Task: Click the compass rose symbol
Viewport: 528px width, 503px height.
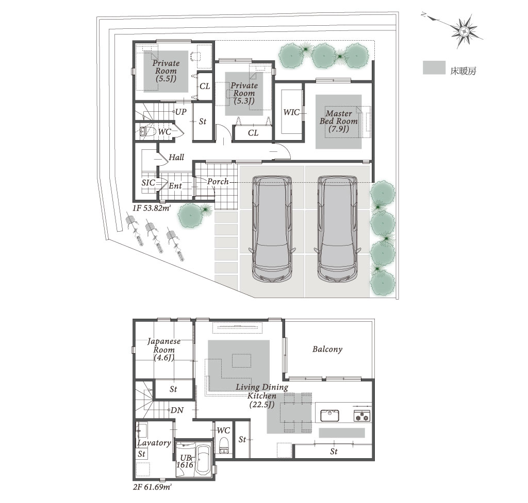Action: pyautogui.click(x=464, y=31)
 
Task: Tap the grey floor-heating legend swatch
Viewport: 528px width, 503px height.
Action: pyautogui.click(x=434, y=67)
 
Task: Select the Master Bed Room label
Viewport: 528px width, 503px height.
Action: pyautogui.click(x=339, y=121)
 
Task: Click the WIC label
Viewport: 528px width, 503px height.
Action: pyautogui.click(x=292, y=112)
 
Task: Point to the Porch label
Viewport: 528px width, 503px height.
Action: pyautogui.click(x=218, y=182)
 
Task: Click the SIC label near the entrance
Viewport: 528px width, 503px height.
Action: pyautogui.click(x=148, y=183)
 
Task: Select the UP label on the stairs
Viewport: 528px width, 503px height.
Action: pyautogui.click(x=181, y=112)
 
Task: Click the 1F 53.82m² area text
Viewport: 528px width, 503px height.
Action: pyautogui.click(x=151, y=208)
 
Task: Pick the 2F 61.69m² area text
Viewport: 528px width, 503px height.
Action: pyautogui.click(x=152, y=487)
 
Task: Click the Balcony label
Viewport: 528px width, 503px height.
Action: pyautogui.click(x=327, y=349)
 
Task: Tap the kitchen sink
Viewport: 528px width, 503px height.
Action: pyautogui.click(x=329, y=415)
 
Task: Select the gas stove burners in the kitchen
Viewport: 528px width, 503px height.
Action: pyautogui.click(x=362, y=416)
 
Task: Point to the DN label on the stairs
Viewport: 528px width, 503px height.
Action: pyautogui.click(x=177, y=410)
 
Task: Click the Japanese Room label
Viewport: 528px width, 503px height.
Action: pyautogui.click(x=164, y=350)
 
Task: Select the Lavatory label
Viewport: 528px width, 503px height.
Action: pyautogui.click(x=154, y=443)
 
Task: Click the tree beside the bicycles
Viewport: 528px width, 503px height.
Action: pyautogui.click(x=191, y=216)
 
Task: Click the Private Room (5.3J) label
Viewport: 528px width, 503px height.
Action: pyautogui.click(x=244, y=93)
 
